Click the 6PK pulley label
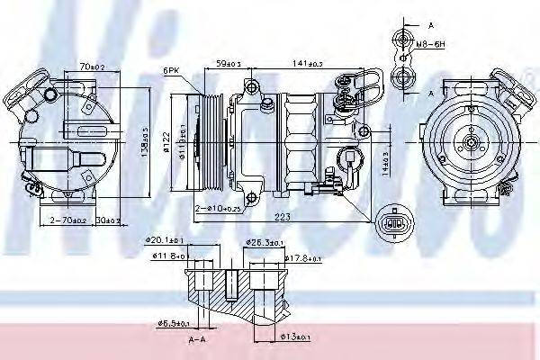click(x=172, y=69)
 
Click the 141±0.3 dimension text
click(x=308, y=62)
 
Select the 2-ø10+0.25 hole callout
click(x=219, y=209)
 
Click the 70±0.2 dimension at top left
click(x=91, y=66)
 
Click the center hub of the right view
click(x=470, y=141)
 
